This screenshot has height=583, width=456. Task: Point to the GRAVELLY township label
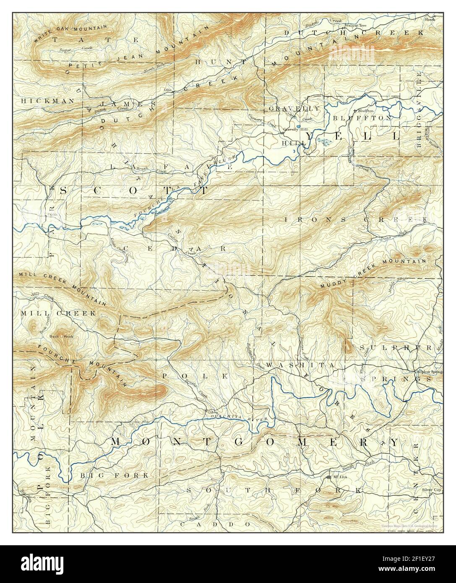click(x=294, y=108)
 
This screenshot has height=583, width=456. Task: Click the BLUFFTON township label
click(x=363, y=118)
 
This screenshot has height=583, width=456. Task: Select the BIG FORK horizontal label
click(x=113, y=475)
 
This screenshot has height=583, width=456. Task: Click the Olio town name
click(x=168, y=90)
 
